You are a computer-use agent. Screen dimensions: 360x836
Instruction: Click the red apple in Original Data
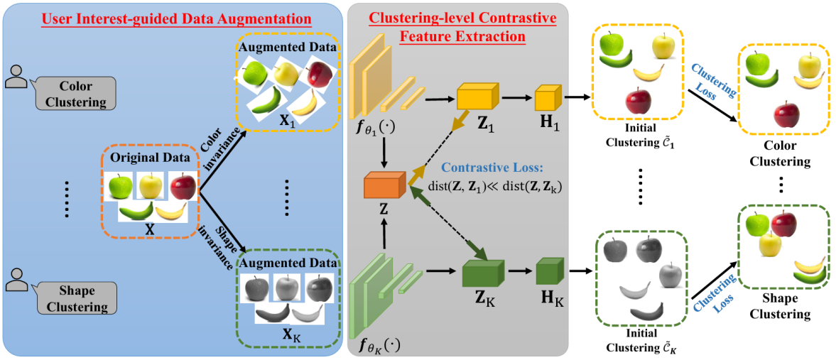click(x=183, y=187)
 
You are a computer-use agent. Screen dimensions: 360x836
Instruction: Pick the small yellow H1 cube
click(x=548, y=98)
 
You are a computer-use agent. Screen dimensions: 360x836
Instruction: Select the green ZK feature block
click(x=482, y=274)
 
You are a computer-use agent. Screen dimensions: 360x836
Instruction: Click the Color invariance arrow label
click(x=216, y=152)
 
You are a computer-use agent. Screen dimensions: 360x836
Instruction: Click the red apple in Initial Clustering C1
click(x=638, y=102)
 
